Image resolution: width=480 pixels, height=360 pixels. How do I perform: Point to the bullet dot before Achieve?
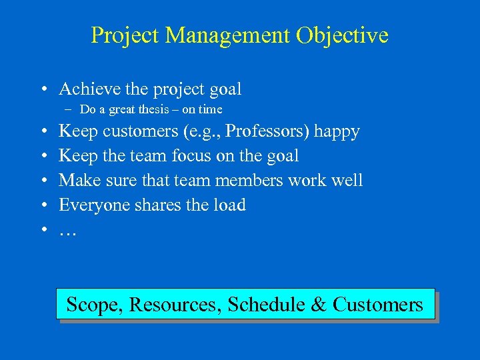tap(42, 89)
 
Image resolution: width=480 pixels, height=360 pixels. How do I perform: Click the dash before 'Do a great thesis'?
tap(70, 109)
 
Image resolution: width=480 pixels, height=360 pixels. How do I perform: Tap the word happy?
tap(337, 131)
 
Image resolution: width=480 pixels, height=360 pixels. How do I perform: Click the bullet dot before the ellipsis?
tap(42, 230)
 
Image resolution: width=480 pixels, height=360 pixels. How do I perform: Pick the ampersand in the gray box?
tap(319, 305)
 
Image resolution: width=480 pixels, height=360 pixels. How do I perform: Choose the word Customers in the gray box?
tap(377, 305)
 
